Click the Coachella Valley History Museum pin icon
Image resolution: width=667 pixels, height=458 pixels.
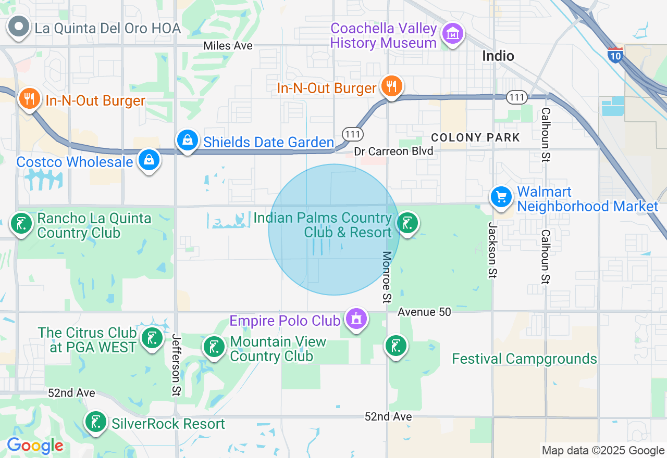(452, 34)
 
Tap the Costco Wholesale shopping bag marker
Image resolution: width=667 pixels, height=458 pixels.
(149, 160)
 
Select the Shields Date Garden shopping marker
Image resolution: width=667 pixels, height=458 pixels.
(187, 140)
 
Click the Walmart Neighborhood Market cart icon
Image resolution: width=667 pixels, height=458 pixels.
(501, 197)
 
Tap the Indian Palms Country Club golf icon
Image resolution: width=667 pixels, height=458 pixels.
(407, 223)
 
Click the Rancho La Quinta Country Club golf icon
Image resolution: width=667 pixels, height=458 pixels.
(21, 224)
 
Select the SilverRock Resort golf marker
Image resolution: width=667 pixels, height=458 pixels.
(95, 422)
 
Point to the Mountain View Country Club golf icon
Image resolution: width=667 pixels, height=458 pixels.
(214, 347)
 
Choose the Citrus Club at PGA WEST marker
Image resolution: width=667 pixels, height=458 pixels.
(152, 338)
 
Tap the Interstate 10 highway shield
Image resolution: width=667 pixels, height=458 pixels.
(615, 55)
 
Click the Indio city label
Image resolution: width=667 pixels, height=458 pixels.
(498, 56)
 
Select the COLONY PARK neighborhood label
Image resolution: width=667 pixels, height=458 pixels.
(475, 137)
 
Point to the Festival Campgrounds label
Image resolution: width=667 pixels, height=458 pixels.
(524, 359)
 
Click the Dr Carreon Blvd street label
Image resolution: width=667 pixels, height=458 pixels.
(393, 151)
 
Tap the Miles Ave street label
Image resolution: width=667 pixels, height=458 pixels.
(228, 46)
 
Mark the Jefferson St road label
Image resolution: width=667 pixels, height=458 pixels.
(176, 365)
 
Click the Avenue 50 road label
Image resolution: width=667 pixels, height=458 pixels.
(424, 312)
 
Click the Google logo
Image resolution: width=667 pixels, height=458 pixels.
(35, 446)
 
